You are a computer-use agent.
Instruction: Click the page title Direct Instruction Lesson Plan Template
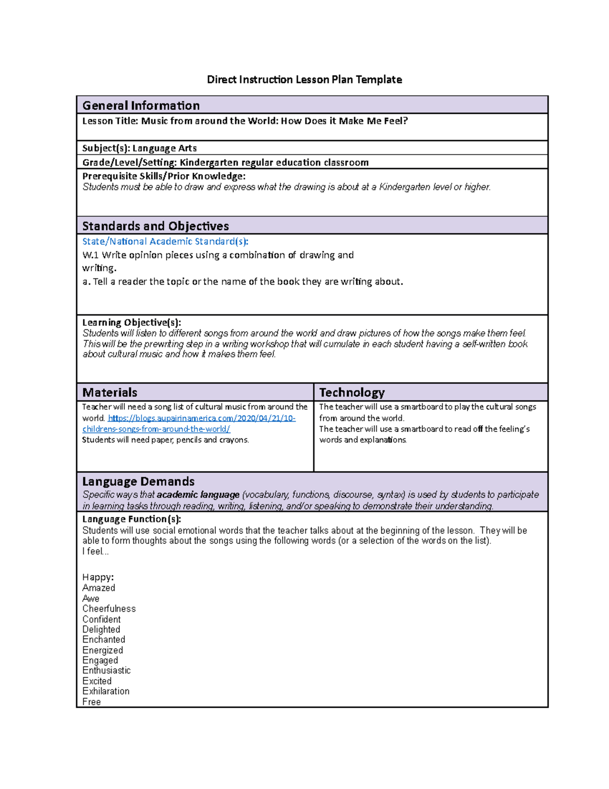[x=304, y=80]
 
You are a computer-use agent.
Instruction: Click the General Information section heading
[x=141, y=106]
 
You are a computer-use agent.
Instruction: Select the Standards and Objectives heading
[x=155, y=226]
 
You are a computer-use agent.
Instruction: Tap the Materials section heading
[x=110, y=393]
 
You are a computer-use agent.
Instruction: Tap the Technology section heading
[x=352, y=393]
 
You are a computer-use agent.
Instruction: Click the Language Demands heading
[x=138, y=482]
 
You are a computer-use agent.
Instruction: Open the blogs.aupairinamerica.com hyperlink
[x=201, y=419]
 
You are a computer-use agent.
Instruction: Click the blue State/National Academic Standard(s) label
[x=165, y=242]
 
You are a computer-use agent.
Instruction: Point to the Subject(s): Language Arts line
[x=140, y=148]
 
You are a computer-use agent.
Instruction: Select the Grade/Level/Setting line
[x=225, y=163]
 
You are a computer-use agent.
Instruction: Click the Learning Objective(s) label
[x=131, y=323]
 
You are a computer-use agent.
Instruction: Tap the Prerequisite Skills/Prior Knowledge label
[x=163, y=176]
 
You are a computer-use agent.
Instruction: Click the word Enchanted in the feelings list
[x=104, y=640]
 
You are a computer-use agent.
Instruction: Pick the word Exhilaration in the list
[x=106, y=691]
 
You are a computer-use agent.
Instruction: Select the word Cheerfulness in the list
[x=109, y=609]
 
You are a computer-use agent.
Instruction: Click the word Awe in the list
[x=91, y=598]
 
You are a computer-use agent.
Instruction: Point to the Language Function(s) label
[x=131, y=519]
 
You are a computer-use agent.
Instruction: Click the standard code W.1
[x=90, y=255]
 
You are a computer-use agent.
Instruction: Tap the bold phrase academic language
[x=198, y=495]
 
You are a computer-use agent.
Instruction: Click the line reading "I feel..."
[x=95, y=552]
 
